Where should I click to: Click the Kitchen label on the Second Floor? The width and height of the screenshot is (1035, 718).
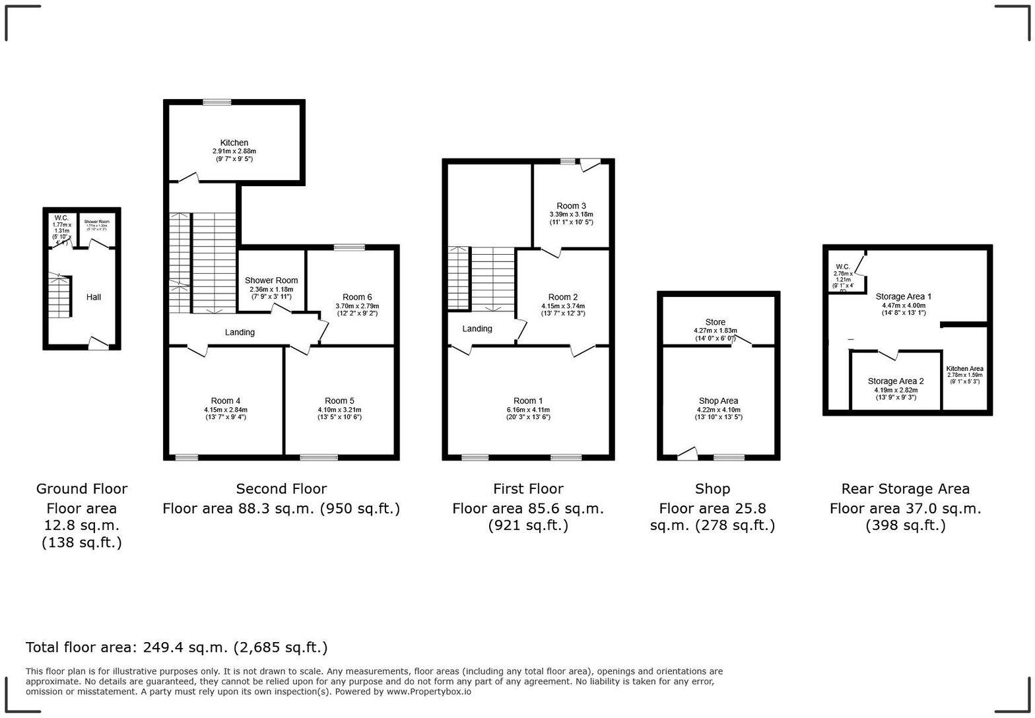pos(234,143)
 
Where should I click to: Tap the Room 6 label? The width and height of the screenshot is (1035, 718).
pos(357,297)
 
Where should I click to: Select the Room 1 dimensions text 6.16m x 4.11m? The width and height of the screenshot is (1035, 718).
pos(528,409)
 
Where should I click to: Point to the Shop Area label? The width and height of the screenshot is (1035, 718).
pos(718,401)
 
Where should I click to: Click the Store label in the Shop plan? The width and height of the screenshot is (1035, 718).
pos(715,322)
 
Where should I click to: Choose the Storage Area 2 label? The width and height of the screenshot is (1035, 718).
pos(895,381)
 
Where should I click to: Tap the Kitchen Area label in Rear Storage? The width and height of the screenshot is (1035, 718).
pos(964,369)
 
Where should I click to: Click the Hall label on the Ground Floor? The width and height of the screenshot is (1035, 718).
pos(94,297)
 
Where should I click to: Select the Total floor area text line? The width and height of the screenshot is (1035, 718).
pos(176,647)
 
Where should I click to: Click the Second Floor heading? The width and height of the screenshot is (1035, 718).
pos(281,489)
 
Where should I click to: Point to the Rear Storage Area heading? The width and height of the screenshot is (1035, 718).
pos(905,489)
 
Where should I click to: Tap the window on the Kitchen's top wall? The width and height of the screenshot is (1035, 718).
pos(217,102)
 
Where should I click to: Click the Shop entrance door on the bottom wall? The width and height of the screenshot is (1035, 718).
pos(687,455)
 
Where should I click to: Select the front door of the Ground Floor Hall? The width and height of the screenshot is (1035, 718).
pos(98,344)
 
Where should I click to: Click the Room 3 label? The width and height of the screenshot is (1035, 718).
pos(571,206)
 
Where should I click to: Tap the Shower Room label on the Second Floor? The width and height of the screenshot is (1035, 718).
pos(271,280)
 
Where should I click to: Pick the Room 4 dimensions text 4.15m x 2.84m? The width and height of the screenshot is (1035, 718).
pos(226,410)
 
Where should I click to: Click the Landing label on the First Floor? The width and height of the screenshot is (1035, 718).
pos(477,329)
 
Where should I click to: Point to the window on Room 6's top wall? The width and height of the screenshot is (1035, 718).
pos(349,247)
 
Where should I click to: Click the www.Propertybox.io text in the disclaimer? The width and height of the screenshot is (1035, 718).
pos(428,692)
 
